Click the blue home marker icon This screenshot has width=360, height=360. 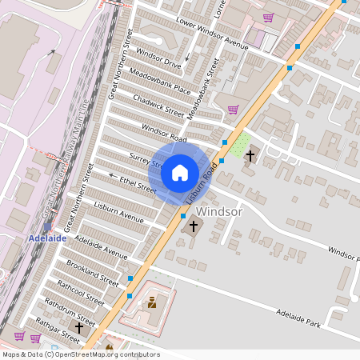click(180, 173)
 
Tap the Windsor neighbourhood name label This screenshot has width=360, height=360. click(218, 212)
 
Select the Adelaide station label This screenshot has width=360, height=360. click(44, 238)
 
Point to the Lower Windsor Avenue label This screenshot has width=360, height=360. click(213, 32)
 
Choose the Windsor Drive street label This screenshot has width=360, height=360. click(158, 58)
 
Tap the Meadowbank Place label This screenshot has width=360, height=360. click(159, 83)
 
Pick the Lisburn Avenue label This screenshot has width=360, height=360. click(118, 211)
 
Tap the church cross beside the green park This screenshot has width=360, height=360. click(250, 154)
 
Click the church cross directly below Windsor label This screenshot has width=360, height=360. click(192, 227)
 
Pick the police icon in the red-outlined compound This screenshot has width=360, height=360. click(152, 303)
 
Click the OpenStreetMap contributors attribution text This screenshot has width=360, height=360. click(80, 354)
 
